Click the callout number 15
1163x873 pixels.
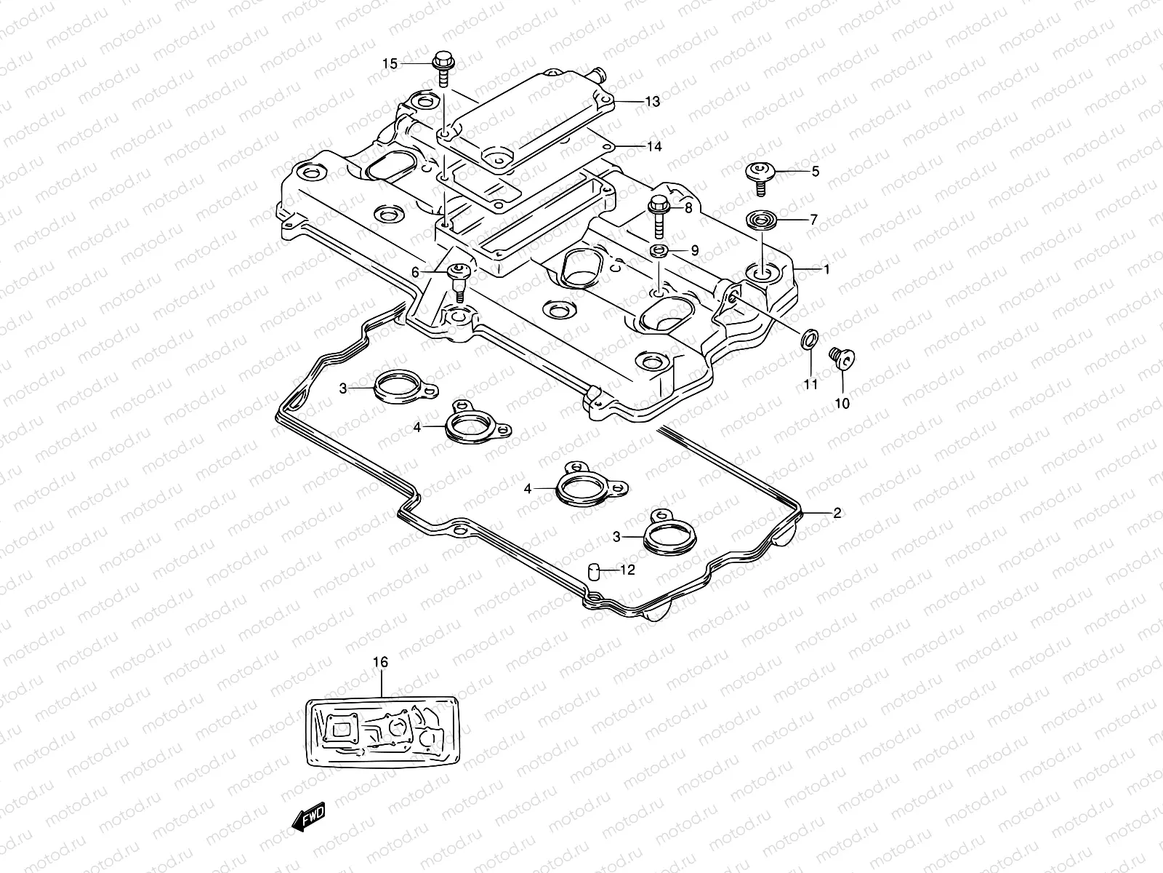[x=390, y=64]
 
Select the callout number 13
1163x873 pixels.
[x=652, y=102]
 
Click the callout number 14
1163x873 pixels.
[x=654, y=147]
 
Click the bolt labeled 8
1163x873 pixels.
[x=659, y=212]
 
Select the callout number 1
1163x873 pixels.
[x=826, y=269]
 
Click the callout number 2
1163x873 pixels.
[x=837, y=513]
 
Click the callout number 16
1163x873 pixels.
[x=381, y=662]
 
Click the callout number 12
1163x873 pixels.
[x=627, y=570]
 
